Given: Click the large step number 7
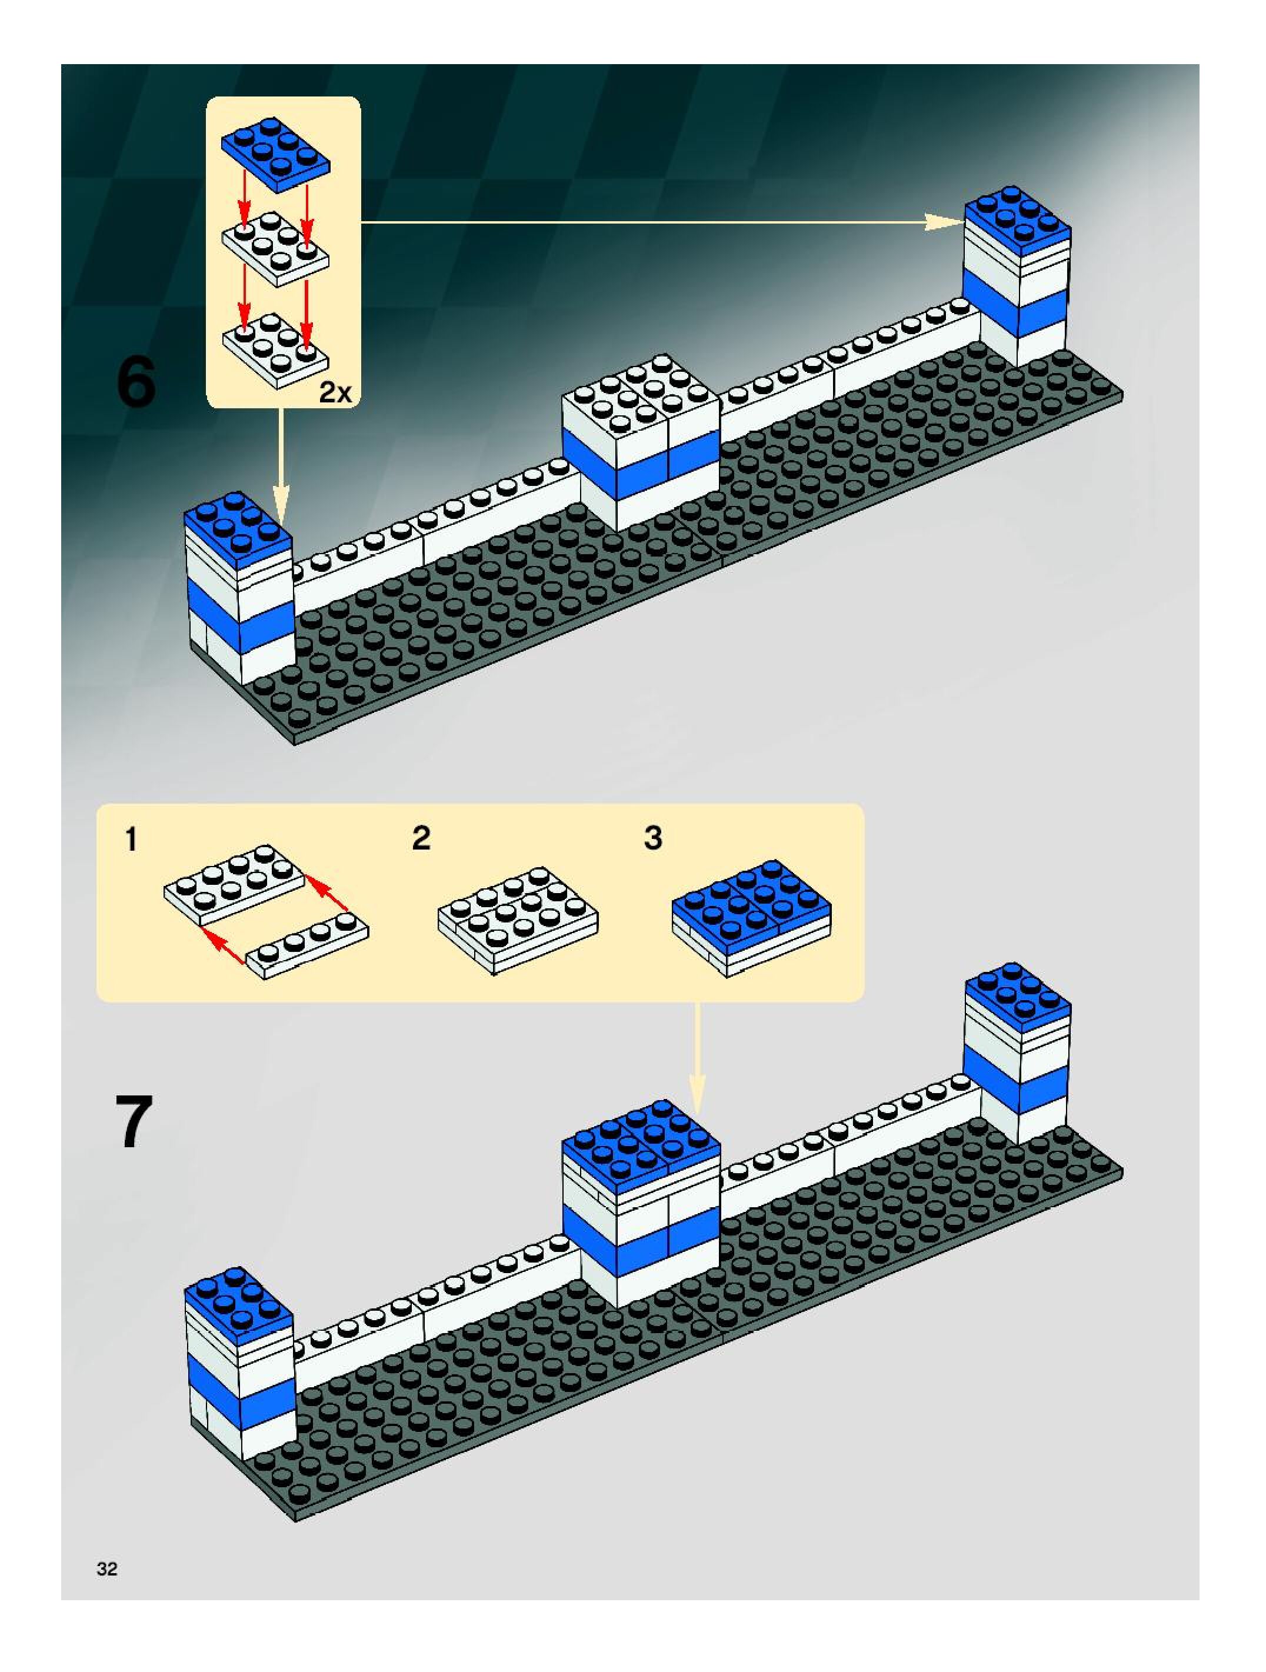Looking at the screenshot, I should [134, 1122].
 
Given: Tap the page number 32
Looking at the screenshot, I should [107, 1568].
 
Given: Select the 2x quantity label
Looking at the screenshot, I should [335, 392].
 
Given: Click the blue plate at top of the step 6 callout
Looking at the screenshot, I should [275, 151].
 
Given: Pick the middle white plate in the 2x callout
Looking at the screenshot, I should [275, 248].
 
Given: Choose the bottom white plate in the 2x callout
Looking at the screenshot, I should [275, 350].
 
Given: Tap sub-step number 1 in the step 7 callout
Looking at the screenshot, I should [131, 839].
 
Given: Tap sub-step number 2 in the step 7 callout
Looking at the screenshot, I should [421, 838].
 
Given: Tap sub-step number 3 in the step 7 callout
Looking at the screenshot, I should [653, 838].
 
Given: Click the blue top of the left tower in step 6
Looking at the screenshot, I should [237, 529].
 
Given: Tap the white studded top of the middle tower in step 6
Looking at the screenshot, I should [639, 393].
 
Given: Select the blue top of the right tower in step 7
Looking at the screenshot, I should [1017, 998].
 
